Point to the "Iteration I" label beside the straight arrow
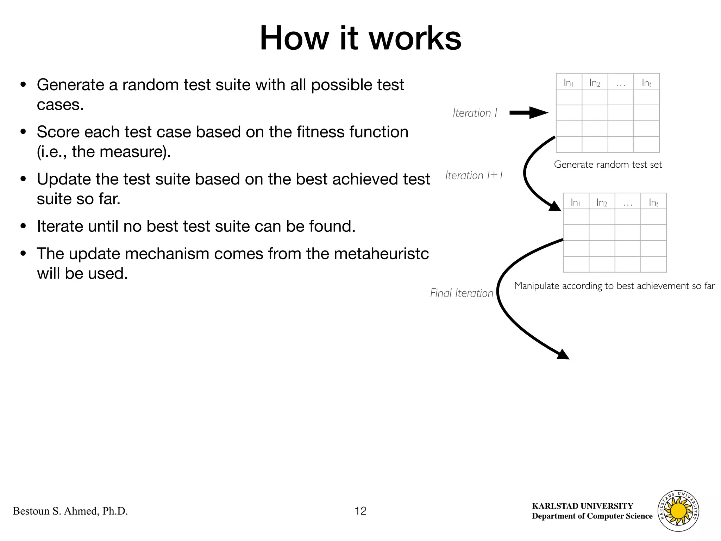click(475, 113)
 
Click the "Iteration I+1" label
click(474, 175)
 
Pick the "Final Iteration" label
click(461, 293)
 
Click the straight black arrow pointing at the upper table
click(528, 113)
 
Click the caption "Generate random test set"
click(608, 164)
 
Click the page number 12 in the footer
click(360, 511)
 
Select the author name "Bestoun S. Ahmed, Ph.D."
click(70, 511)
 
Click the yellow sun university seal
click(678, 511)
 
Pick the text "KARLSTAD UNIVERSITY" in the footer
click(582, 506)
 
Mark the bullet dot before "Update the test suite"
click(24, 179)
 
